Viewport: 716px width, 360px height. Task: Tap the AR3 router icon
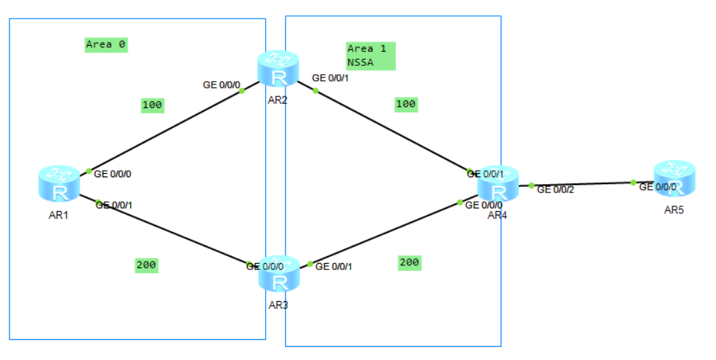point(279,274)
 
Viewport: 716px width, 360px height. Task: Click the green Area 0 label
point(106,44)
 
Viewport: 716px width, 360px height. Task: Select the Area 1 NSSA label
point(370,55)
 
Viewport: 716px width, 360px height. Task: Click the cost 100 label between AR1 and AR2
point(152,105)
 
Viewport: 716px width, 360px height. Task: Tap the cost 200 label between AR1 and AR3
point(146,264)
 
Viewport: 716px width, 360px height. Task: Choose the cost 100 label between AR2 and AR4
point(406,104)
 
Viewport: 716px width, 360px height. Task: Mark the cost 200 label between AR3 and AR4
point(409,262)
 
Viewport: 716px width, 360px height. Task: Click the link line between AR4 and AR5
point(582,184)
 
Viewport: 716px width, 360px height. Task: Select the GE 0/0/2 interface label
point(555,190)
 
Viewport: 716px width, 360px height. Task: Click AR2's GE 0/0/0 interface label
point(221,85)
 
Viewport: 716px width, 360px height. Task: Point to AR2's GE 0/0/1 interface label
point(330,78)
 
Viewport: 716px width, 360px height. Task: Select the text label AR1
point(57,215)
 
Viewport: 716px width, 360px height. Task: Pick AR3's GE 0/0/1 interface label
point(333,267)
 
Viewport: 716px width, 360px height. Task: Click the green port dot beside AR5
point(633,182)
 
